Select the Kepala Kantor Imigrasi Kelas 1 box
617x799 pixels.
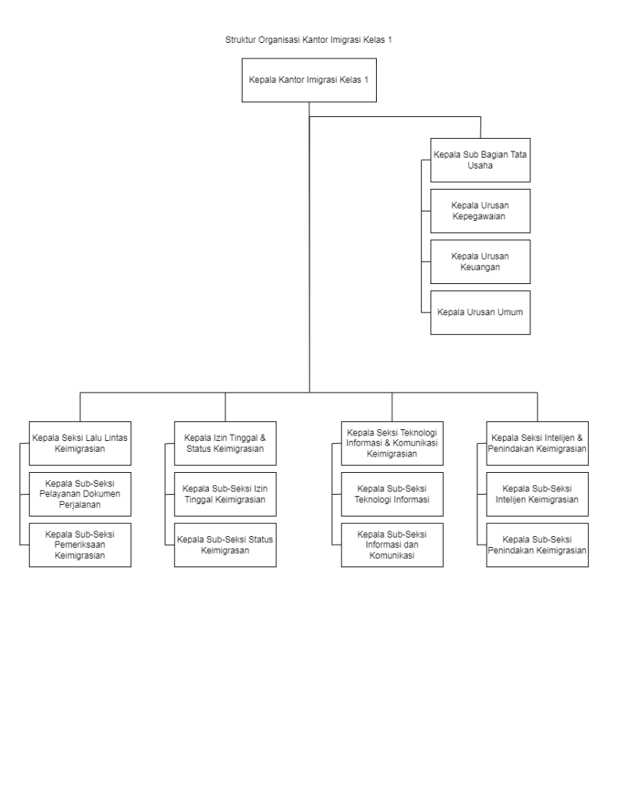[309, 80]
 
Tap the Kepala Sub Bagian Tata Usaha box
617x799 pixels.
[480, 160]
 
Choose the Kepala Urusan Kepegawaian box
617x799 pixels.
[480, 211]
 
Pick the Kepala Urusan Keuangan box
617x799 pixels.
[480, 262]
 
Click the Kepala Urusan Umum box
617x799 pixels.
[480, 312]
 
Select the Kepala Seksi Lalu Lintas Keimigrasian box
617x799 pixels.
[80, 443]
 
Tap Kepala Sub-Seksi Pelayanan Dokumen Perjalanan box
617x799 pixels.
[80, 494]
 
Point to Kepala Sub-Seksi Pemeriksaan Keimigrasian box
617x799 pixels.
[80, 545]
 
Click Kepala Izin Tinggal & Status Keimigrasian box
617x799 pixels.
[225, 443]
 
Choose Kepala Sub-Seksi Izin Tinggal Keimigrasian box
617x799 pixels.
[225, 494]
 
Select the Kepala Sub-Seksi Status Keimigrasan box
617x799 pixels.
[225, 545]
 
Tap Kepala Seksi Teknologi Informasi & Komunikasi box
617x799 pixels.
[392, 443]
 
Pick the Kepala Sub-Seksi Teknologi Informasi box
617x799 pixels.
[392, 494]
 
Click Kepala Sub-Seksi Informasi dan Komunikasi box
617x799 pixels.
[392, 545]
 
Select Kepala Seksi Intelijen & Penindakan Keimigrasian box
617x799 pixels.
[537, 443]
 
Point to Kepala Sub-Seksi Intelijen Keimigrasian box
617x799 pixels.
[537, 494]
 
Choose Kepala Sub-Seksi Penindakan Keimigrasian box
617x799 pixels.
[537, 545]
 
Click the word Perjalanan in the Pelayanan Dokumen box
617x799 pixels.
[80, 505]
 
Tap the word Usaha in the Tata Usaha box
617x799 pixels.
[480, 165]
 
